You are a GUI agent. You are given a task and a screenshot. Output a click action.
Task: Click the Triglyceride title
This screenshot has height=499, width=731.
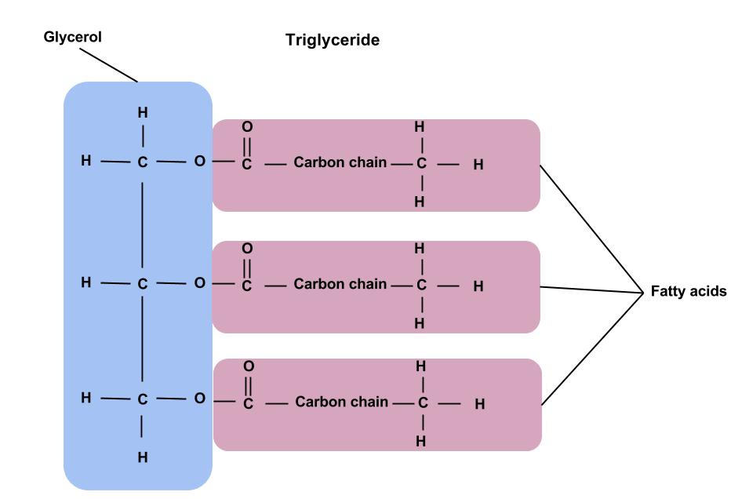pos(333,40)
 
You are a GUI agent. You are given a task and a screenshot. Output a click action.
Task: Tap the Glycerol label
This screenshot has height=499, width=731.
pos(72,37)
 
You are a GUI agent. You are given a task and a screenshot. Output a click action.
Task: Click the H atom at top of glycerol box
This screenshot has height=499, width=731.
pos(142,112)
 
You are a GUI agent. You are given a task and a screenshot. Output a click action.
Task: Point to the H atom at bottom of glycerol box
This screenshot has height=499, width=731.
pos(142,457)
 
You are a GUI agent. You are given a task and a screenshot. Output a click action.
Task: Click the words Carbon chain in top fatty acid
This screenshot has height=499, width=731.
pos(340,163)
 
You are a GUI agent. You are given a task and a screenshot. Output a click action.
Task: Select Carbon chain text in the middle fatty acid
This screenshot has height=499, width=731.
pos(340,283)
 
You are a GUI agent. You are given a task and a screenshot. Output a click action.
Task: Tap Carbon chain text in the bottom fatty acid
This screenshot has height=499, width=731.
pos(342,402)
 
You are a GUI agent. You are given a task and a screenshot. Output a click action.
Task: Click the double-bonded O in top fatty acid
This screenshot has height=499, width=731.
pos(247,126)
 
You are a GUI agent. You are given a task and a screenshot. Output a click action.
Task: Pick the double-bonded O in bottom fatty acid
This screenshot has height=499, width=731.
pos(249,366)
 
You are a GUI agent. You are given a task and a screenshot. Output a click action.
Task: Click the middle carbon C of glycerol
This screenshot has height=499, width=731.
pos(142,284)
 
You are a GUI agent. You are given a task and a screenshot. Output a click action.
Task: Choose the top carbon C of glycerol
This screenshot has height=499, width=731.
pos(142,164)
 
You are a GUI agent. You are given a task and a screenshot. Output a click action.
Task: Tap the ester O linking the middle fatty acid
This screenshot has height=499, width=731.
pos(199,282)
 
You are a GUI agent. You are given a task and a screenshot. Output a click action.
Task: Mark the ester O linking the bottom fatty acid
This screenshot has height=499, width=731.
pos(199,399)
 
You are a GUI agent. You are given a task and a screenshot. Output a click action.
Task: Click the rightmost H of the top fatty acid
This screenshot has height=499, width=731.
pos(478,165)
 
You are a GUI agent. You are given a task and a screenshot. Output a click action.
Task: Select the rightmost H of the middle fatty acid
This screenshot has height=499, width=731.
pos(478,286)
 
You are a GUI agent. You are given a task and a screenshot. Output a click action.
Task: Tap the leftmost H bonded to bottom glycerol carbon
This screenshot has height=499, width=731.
pos(85,399)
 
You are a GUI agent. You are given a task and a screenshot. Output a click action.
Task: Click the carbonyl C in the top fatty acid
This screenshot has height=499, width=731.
pos(247,166)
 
